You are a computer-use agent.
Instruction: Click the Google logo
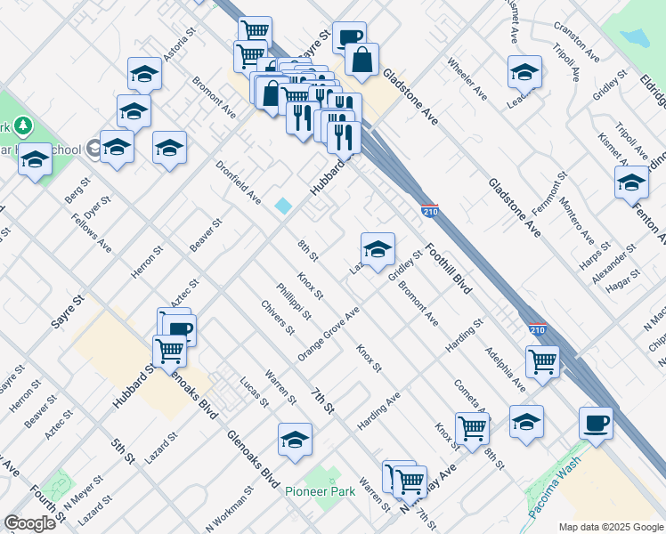[29, 523]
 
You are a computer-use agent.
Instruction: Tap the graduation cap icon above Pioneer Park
[296, 439]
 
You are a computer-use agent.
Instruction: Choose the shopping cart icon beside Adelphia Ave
[542, 360]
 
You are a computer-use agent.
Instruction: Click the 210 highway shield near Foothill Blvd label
[427, 210]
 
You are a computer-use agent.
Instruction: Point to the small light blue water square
[283, 206]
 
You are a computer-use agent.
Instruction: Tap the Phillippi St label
[294, 301]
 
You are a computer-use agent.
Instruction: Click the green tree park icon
[24, 125]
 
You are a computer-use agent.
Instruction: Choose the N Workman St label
[229, 508]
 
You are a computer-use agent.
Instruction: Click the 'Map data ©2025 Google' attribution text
[610, 527]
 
